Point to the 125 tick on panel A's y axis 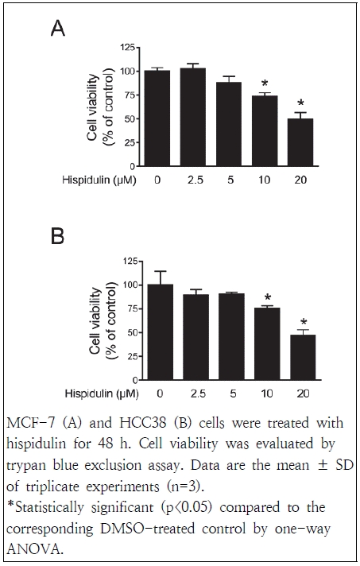point(126,50)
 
